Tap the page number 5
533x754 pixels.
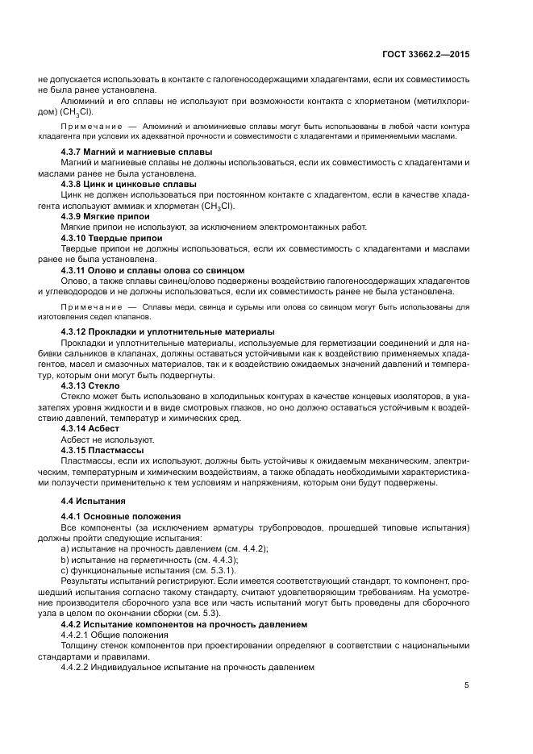point(467,685)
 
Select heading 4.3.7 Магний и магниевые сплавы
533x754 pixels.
point(136,152)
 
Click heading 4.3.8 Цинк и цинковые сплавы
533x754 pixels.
point(128,184)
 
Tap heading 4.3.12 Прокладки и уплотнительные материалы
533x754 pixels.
point(168,331)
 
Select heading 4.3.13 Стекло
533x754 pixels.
point(90,386)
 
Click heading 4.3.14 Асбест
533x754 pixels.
point(89,428)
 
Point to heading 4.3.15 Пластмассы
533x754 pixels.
point(102,449)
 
